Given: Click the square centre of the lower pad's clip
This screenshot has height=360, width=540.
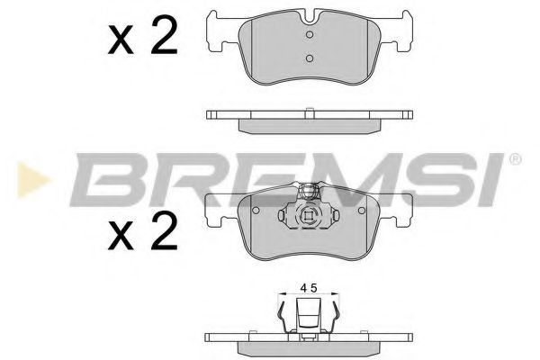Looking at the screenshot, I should (x=308, y=215).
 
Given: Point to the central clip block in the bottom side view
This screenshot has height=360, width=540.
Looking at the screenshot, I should (x=308, y=317).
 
